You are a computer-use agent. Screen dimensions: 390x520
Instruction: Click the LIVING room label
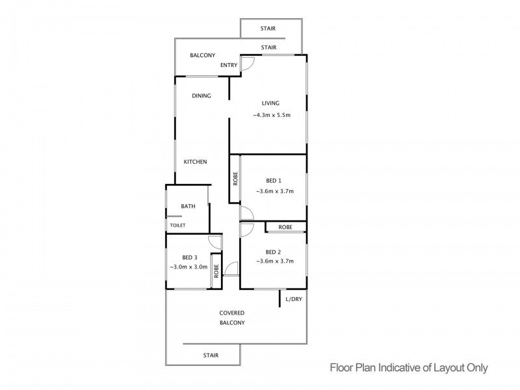click(x=270, y=103)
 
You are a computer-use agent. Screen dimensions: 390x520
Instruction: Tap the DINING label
click(x=201, y=96)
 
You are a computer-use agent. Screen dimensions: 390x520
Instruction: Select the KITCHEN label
click(x=195, y=162)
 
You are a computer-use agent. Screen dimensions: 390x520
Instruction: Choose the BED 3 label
click(x=190, y=257)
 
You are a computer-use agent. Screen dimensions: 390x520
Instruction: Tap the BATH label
click(x=188, y=206)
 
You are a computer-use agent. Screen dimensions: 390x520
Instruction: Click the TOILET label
click(x=177, y=226)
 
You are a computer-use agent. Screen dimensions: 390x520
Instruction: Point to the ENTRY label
click(x=228, y=65)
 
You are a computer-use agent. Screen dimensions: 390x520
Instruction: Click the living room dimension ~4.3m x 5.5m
click(x=271, y=116)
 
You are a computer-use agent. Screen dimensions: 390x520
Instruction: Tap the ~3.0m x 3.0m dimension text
click(x=188, y=266)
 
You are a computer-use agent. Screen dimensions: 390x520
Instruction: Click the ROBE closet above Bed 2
click(x=285, y=227)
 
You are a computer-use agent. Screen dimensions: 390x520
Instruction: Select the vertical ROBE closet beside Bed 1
click(x=235, y=179)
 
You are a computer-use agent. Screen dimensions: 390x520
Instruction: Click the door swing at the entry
click(x=248, y=63)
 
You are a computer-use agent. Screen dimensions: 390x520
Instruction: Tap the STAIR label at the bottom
click(x=211, y=355)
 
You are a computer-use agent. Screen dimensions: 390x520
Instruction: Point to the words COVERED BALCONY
click(x=231, y=318)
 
